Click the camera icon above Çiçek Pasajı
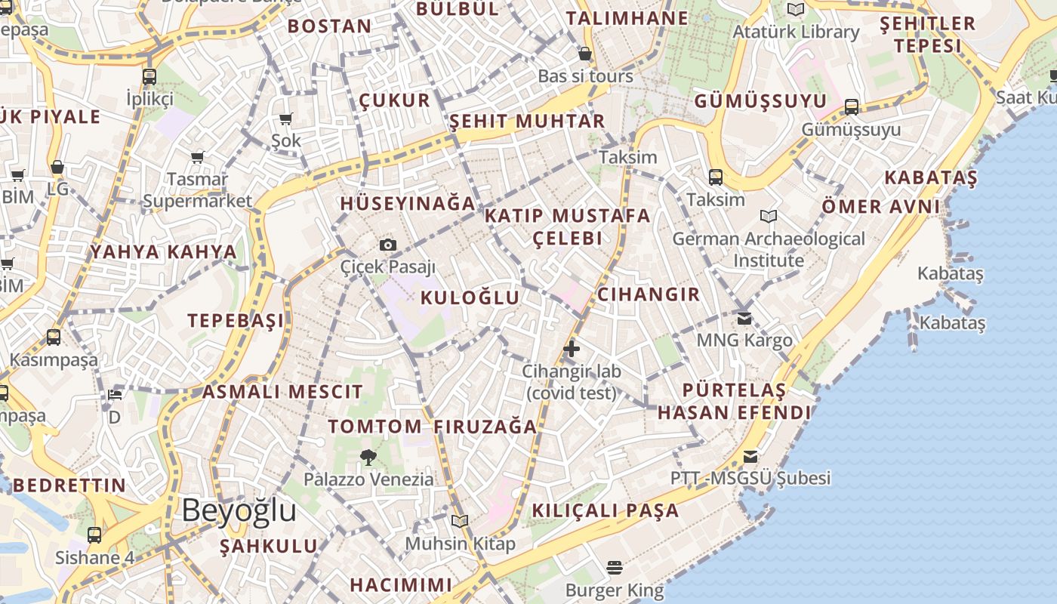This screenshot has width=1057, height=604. click(x=388, y=245)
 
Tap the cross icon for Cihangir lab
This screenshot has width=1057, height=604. click(x=572, y=349)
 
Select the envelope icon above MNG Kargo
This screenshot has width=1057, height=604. click(x=744, y=318)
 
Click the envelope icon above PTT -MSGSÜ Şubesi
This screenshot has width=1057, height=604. click(x=750, y=456)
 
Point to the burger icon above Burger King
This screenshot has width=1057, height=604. click(x=615, y=567)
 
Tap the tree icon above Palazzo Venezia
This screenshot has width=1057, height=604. click(x=368, y=457)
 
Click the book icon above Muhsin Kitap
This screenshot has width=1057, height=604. click(x=460, y=521)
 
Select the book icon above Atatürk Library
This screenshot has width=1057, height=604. click(x=795, y=10)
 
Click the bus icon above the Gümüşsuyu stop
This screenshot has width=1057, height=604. click(x=852, y=107)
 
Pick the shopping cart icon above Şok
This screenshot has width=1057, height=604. click(x=285, y=119)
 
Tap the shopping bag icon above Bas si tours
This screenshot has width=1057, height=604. click(x=584, y=54)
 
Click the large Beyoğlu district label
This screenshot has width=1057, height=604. click(x=239, y=510)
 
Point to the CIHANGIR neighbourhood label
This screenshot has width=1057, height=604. click(x=649, y=294)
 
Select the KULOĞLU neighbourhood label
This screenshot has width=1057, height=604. click(x=470, y=297)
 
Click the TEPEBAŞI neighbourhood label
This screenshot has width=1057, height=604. click(x=236, y=320)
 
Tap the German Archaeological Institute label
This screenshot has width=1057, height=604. click(x=769, y=249)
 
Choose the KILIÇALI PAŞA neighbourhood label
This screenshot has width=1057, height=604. click(x=606, y=510)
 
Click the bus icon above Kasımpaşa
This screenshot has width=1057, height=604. click(x=54, y=337)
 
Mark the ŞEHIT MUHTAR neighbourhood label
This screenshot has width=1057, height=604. click(x=527, y=122)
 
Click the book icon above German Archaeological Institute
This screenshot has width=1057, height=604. click(x=769, y=217)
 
